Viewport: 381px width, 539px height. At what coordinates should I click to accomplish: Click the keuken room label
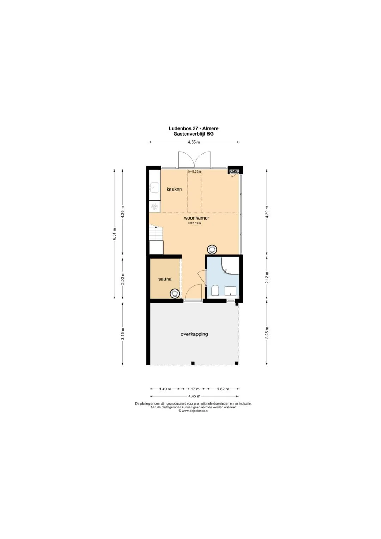[x=174, y=189]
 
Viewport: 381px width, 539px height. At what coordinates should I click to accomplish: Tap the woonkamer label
[x=196, y=218]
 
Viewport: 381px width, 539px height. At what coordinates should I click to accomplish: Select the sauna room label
[x=165, y=279]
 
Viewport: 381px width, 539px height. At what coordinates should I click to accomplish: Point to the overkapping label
[x=194, y=334]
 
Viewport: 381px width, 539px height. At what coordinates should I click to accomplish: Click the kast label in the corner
[x=234, y=171]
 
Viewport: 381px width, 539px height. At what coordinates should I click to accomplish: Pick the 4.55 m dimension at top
[x=194, y=142]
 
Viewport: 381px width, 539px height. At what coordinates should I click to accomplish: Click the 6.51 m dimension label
[x=115, y=234]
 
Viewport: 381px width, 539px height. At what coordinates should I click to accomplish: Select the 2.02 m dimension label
[x=123, y=279]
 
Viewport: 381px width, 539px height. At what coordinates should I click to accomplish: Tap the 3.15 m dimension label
[x=123, y=334]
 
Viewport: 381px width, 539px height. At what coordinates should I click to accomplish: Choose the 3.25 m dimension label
[x=267, y=333]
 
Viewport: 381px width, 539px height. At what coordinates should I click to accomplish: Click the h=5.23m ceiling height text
[x=195, y=172]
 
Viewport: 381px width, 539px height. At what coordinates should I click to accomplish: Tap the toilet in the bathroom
[x=215, y=290]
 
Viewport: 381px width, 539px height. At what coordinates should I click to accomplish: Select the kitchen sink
[x=154, y=188]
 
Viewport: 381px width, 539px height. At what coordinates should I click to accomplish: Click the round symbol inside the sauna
[x=175, y=294]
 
